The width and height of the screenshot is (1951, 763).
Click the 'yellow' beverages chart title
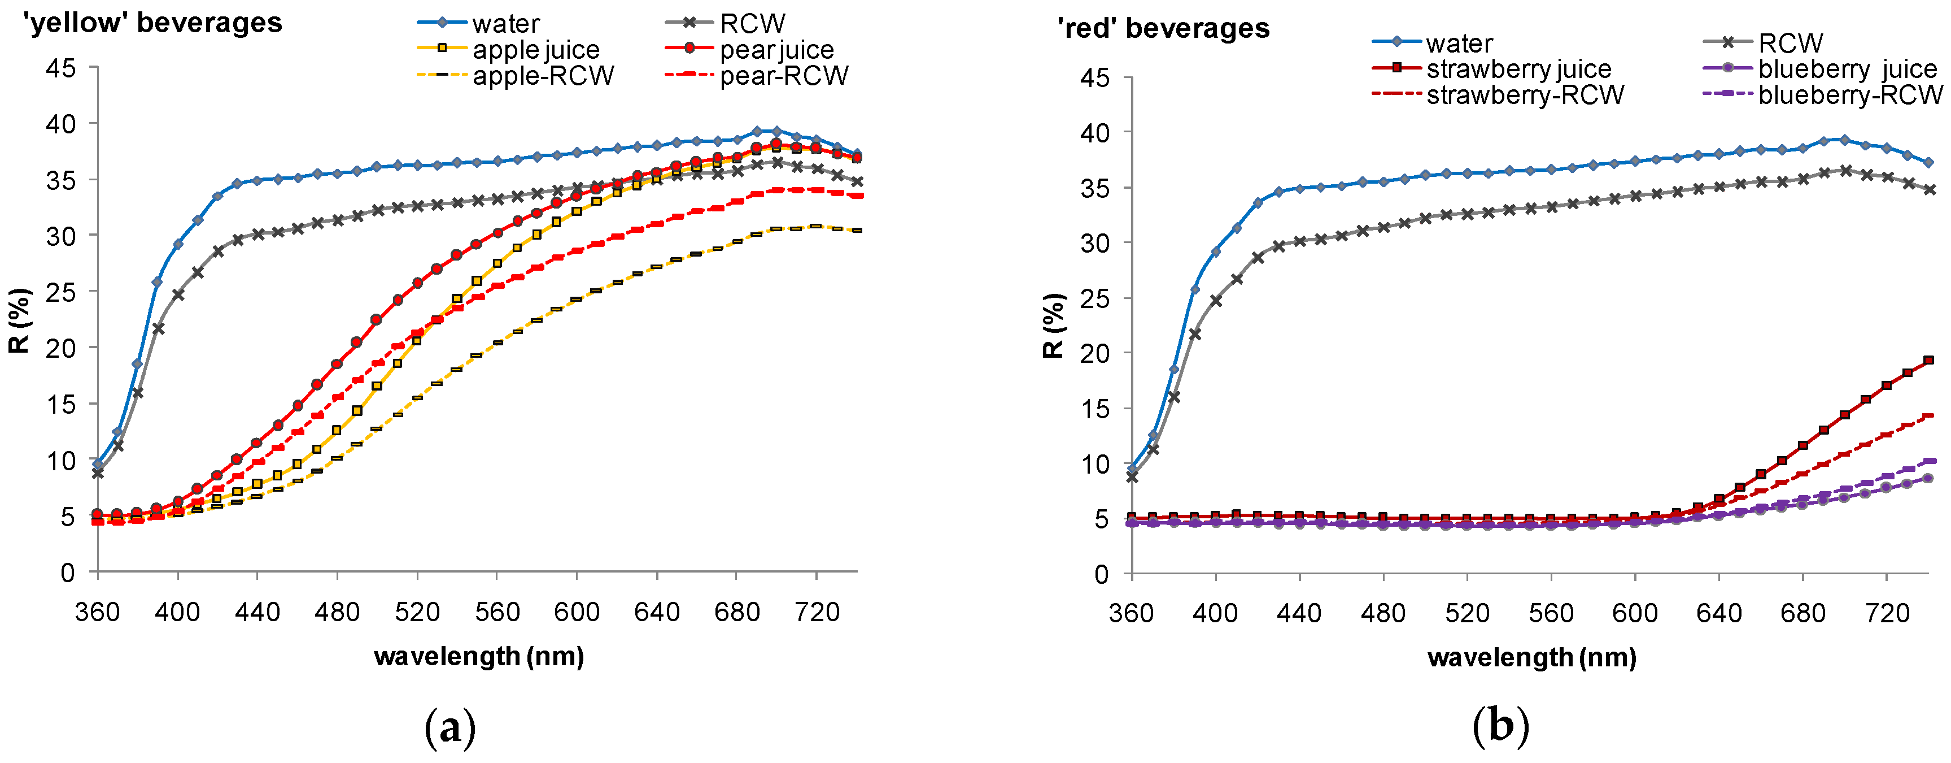pyautogui.click(x=153, y=23)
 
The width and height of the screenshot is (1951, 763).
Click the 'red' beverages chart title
pyautogui.click(x=1163, y=29)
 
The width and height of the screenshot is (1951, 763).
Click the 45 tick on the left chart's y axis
pyautogui.click(x=60, y=68)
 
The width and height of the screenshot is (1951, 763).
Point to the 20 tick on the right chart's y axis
pyautogui.click(x=1094, y=353)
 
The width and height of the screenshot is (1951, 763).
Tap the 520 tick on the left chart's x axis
pyautogui.click(x=417, y=612)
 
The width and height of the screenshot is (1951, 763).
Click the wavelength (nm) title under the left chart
pyautogui.click(x=479, y=656)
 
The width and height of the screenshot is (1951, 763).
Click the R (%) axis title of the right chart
pyautogui.click(x=1054, y=326)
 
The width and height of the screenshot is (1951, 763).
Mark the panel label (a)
pyautogui.click(x=451, y=728)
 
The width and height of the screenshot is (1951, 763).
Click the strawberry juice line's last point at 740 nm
pyautogui.click(x=1928, y=361)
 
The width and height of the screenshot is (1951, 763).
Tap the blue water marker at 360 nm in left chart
pyautogui.click(x=98, y=465)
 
